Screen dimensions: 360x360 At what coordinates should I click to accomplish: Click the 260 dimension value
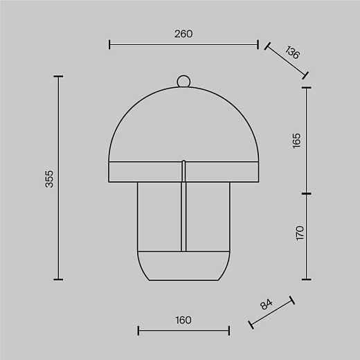coord(183,34)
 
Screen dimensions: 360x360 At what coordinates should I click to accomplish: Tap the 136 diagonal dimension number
coord(292,53)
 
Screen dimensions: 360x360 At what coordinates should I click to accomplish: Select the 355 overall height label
coord(49,179)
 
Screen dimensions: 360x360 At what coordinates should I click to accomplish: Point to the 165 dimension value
coord(296,141)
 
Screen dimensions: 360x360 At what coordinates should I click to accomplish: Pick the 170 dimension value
coord(300,233)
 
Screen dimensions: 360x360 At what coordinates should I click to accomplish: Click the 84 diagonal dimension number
coord(267,304)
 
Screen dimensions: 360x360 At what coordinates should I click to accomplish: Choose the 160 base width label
coord(183,321)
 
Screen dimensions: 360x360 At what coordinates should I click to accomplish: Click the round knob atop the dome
coord(183,81)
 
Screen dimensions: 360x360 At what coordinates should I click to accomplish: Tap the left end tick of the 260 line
coord(109,44)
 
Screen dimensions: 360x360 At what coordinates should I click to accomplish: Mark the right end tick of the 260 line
coord(258,44)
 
